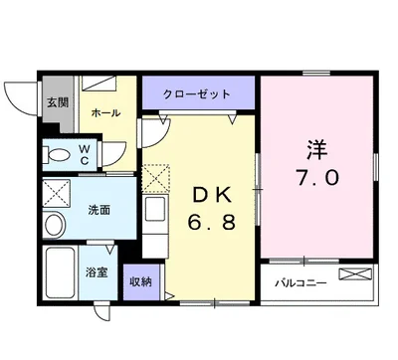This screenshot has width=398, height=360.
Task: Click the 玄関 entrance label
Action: [58, 102]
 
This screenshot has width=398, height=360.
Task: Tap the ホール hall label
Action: [105, 112]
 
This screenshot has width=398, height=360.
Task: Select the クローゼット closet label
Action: [197, 94]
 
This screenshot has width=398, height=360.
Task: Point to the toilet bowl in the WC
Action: [57, 155]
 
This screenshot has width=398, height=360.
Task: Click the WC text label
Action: [85, 155]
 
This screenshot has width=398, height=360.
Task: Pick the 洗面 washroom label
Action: [99, 210]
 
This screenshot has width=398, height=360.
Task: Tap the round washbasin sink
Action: [54, 225]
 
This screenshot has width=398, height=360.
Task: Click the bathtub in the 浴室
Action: [60, 272]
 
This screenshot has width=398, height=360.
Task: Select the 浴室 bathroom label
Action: [97, 272]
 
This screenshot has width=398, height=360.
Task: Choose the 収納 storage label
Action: [140, 282]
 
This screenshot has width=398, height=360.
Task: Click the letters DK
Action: [212, 196]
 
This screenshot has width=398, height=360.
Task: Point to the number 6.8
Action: [212, 222]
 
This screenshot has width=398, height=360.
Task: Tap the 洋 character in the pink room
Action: [317, 150]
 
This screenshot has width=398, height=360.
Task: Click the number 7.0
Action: [317, 177]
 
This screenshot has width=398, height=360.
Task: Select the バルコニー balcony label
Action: [300, 283]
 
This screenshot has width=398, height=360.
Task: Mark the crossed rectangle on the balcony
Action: [355, 274]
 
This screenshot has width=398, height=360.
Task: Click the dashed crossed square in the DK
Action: [156, 178]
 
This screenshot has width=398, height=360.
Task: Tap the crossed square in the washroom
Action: [57, 193]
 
